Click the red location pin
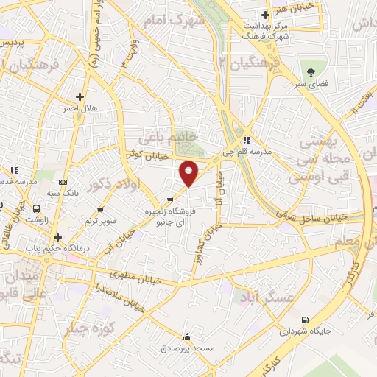[x=189, y=172]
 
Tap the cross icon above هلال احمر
[x=80, y=96]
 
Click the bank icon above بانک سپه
[x=63, y=182]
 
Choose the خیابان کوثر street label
[x=144, y=154]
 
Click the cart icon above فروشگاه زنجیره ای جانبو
[x=171, y=200]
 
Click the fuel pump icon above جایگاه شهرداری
[x=305, y=320]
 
